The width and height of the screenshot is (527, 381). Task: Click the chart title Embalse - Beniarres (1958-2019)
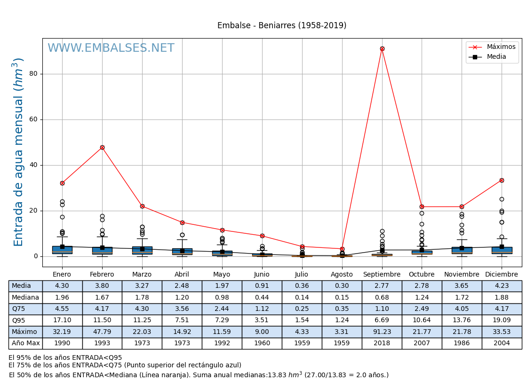click(x=281, y=25)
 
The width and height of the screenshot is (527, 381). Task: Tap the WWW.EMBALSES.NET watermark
click(x=111, y=48)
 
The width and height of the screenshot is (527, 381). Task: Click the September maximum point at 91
click(x=382, y=48)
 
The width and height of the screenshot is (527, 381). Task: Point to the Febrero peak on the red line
click(x=102, y=147)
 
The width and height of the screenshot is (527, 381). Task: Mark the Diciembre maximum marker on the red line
click(x=502, y=180)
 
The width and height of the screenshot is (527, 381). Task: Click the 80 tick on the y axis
click(x=33, y=74)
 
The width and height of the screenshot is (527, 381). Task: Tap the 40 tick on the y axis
click(x=33, y=165)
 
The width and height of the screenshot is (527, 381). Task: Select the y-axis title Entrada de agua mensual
click(x=18, y=151)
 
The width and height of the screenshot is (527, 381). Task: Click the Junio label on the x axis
click(x=262, y=274)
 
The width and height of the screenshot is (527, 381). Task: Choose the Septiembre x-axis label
click(x=382, y=274)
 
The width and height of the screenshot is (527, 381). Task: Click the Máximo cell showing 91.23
click(x=382, y=332)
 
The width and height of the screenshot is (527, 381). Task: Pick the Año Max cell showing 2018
click(x=382, y=343)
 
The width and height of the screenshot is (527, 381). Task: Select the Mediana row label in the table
click(x=25, y=297)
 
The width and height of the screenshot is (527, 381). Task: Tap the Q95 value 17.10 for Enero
click(x=62, y=320)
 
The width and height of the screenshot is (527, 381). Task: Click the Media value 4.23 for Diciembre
click(x=502, y=286)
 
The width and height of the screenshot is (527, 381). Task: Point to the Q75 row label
click(x=25, y=309)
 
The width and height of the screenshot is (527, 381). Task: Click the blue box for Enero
click(x=62, y=249)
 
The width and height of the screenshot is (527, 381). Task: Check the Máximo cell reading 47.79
click(x=102, y=332)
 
